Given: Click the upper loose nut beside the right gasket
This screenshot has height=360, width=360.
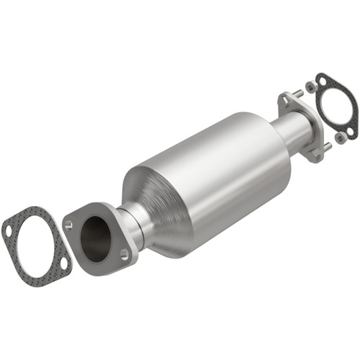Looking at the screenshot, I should [x=311, y=87].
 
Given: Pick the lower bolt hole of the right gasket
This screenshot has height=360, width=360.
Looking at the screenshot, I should [x=350, y=131].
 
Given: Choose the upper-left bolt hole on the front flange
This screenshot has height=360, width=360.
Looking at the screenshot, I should [x=68, y=225].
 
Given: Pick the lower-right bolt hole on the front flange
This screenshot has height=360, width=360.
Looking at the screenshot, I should [x=125, y=253].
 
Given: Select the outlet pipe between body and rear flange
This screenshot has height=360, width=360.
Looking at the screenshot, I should [x=288, y=130].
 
